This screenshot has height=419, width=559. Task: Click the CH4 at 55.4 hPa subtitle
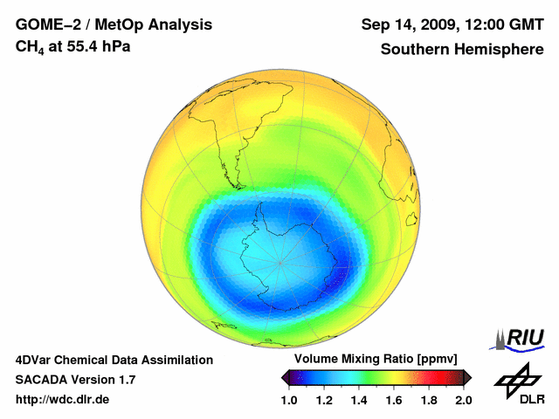click(x=72, y=46)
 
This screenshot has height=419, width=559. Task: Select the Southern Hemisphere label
click(x=461, y=49)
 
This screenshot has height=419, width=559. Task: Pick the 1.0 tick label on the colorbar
click(x=288, y=400)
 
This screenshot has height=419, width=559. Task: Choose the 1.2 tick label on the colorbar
click(x=323, y=400)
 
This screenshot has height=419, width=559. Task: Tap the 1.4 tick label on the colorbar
click(x=358, y=400)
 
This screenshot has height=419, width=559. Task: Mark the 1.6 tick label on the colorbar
click(x=393, y=400)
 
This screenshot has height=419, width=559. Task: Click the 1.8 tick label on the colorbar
click(x=428, y=400)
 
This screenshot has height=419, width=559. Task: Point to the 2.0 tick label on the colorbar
click(x=463, y=400)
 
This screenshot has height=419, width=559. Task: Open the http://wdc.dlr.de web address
click(x=63, y=400)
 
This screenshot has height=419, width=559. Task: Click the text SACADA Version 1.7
click(x=75, y=380)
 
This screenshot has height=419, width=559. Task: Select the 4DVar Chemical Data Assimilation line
click(x=114, y=360)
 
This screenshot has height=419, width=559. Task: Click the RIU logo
click(x=521, y=338)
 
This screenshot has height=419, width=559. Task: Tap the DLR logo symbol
click(x=515, y=379)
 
